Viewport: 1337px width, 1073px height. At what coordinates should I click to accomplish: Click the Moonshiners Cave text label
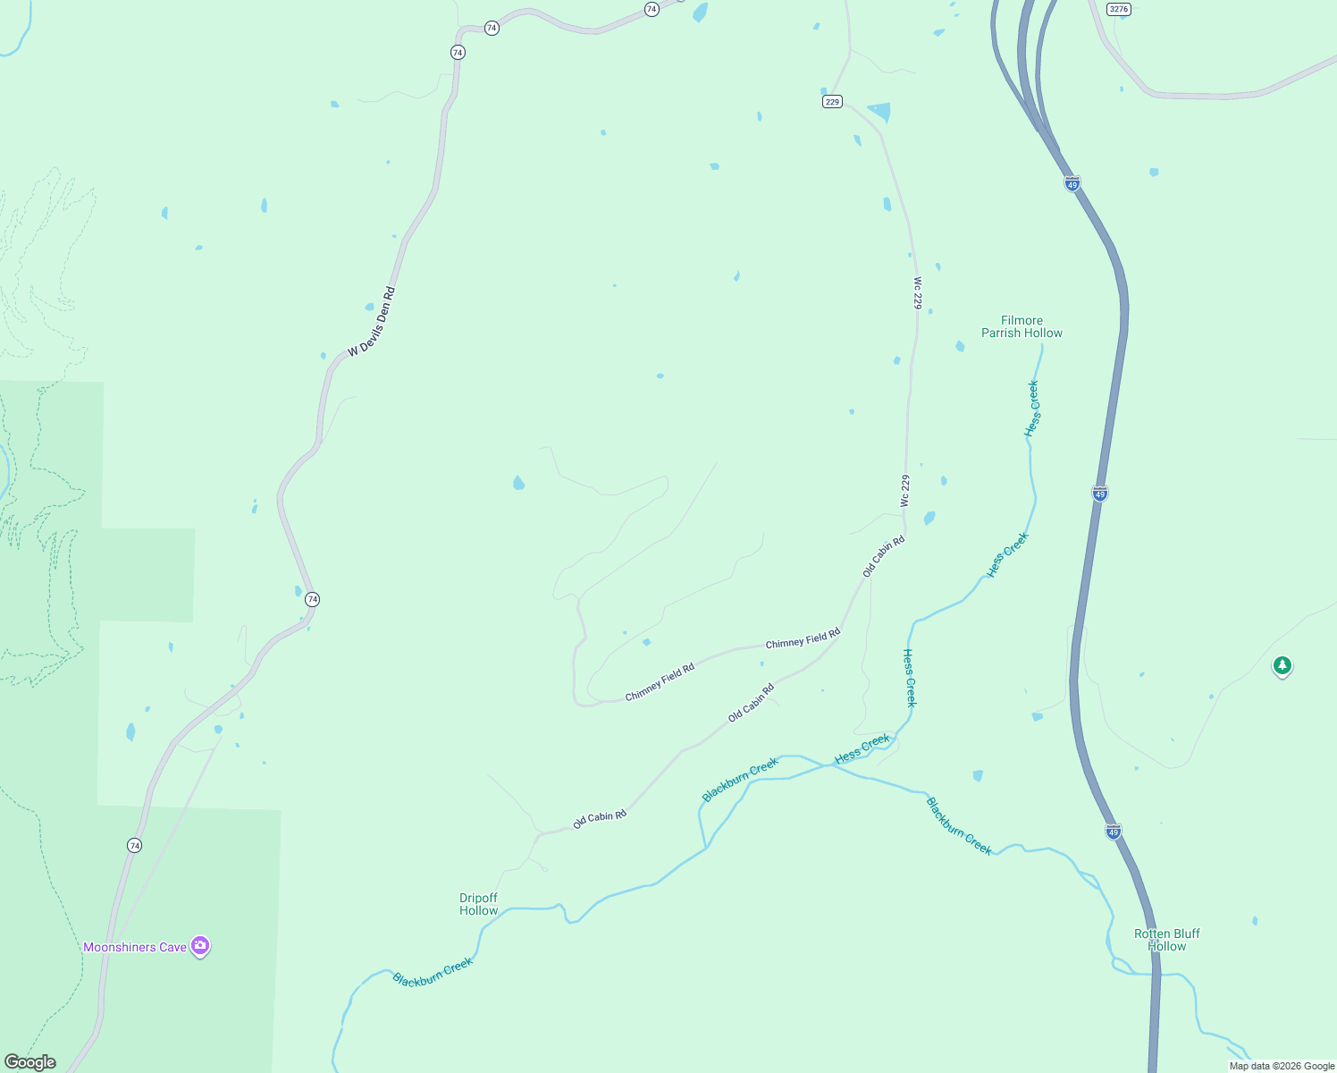click(135, 947)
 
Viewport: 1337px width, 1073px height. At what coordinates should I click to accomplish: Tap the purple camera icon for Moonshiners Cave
click(200, 945)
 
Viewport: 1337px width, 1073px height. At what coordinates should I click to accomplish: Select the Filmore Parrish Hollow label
click(1022, 326)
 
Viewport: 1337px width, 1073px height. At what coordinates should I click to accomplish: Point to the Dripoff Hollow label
click(478, 904)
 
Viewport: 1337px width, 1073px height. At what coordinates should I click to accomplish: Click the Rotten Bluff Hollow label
click(1166, 940)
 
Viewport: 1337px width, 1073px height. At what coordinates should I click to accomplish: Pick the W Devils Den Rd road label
click(371, 322)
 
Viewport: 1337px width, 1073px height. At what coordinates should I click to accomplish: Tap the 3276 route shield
click(1118, 9)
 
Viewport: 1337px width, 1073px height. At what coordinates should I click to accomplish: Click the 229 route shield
click(832, 102)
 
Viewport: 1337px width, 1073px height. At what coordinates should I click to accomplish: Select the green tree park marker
click(1282, 665)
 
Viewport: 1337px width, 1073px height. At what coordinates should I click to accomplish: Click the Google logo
click(29, 1062)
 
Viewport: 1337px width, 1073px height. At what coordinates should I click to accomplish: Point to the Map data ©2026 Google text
click(1282, 1066)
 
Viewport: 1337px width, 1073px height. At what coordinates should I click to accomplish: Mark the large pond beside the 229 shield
click(880, 112)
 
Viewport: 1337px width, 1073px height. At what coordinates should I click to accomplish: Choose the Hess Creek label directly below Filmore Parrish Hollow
click(1032, 409)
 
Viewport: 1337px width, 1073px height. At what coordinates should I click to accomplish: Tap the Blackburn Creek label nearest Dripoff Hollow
click(433, 972)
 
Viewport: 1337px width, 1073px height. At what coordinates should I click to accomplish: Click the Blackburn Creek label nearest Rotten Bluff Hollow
click(959, 825)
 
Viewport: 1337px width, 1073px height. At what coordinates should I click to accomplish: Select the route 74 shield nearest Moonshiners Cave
click(134, 845)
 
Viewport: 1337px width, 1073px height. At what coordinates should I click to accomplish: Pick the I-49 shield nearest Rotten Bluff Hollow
click(1113, 832)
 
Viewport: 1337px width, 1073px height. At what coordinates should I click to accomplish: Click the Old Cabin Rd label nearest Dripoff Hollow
click(600, 818)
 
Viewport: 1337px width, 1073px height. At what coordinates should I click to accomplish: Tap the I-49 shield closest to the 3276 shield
click(1072, 183)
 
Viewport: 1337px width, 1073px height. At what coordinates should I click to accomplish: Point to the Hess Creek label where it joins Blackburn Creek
click(862, 748)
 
